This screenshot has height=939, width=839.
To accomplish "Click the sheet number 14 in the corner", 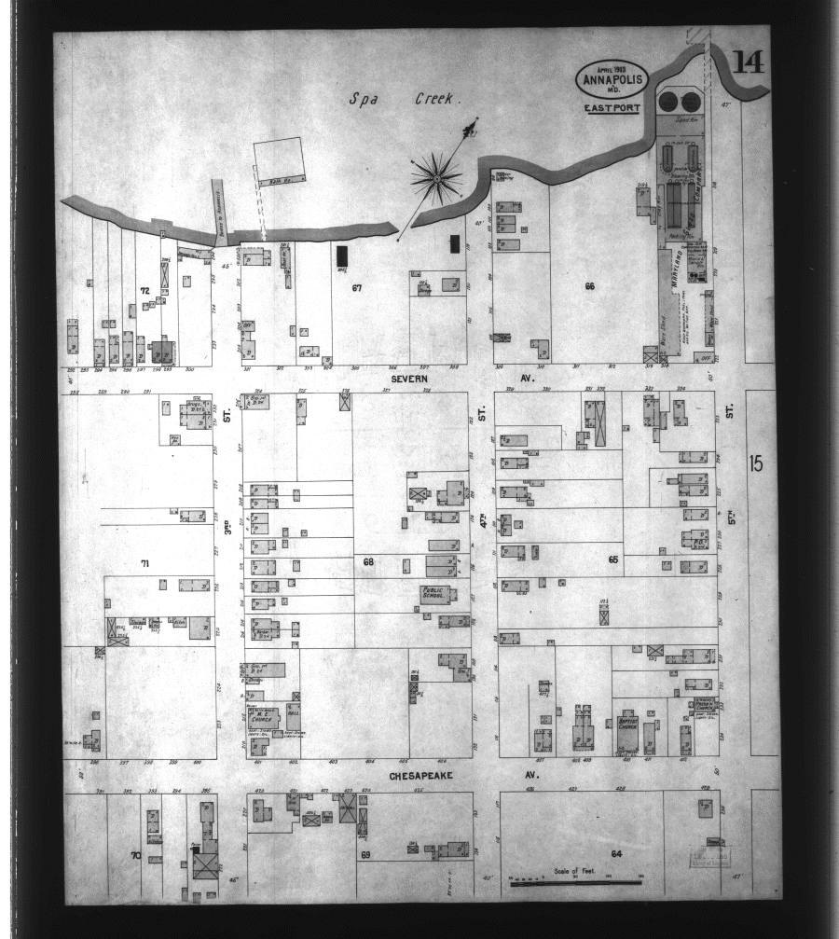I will click(749, 62).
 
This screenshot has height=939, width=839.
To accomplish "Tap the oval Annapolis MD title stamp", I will click(612, 79).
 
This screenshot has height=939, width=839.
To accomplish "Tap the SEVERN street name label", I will click(409, 379).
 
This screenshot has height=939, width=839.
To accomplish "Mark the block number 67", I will click(356, 288).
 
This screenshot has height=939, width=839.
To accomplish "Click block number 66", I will click(589, 285).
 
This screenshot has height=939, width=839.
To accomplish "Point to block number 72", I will click(144, 291).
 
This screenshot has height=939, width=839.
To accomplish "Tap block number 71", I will click(145, 563).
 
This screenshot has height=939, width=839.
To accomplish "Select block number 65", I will click(612, 559).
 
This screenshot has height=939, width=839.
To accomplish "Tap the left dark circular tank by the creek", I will click(669, 101).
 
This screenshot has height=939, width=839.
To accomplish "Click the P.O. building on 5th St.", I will click(695, 538).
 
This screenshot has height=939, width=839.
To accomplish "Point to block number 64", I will click(616, 854).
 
